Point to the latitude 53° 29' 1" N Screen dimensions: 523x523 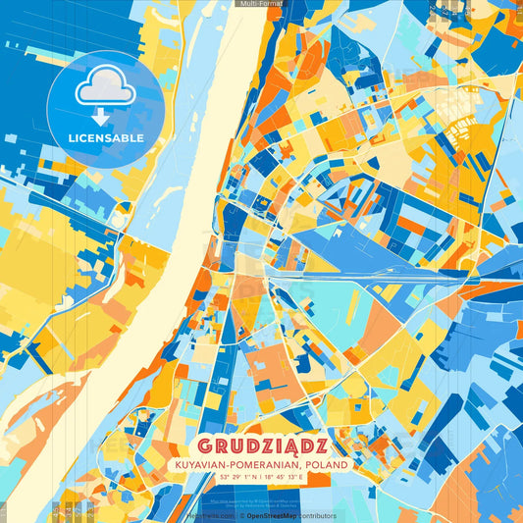233,478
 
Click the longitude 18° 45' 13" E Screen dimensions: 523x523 291,478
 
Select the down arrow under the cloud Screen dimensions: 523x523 105,115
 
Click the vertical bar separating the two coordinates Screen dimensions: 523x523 262,478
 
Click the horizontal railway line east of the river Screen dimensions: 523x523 392,277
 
